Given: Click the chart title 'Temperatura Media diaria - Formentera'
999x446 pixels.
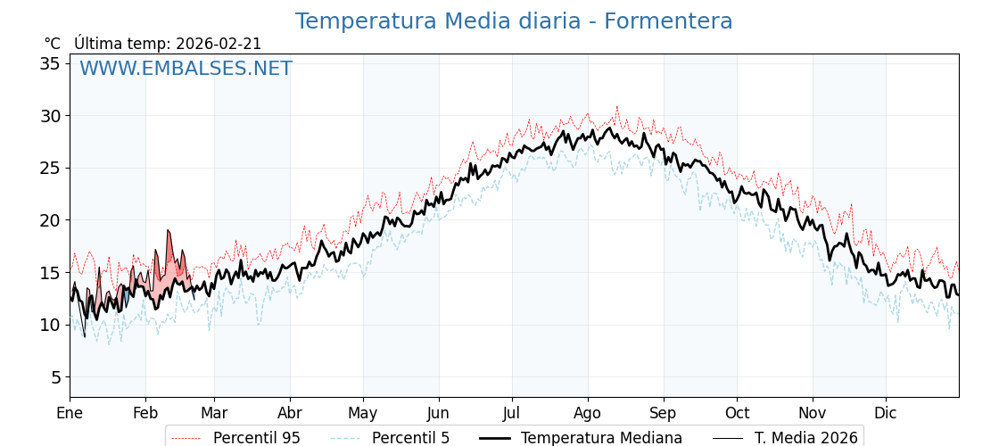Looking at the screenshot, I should (514, 21).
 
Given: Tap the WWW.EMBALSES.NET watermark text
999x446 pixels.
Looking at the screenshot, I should (186, 69).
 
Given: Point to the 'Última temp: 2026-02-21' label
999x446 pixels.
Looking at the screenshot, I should (168, 44).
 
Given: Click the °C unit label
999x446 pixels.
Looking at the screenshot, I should (52, 44).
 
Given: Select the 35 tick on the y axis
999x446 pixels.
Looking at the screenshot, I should (50, 63).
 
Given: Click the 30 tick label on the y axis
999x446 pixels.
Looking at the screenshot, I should (50, 116).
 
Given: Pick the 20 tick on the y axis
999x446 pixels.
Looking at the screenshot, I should (50, 220).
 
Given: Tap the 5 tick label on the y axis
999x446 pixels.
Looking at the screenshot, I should (55, 377).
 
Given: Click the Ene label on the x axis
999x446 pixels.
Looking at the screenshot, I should (70, 413).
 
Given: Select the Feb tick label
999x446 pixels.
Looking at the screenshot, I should (145, 413).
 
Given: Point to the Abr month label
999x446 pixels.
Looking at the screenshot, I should (290, 413).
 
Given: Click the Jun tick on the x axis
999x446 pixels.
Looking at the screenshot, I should (438, 413).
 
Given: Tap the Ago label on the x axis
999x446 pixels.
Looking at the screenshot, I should (587, 413).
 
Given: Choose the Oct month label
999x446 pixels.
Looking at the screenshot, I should (737, 413).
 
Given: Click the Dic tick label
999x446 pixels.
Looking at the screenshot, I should (886, 413).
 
